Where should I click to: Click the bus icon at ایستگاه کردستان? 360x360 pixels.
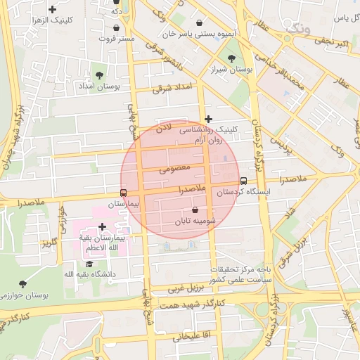point(243,181)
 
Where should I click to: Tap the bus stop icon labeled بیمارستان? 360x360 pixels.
point(124,193)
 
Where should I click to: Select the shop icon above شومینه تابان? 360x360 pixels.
point(195,210)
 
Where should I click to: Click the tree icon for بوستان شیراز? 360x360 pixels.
point(231,59)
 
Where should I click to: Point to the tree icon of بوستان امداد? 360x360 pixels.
point(98,74)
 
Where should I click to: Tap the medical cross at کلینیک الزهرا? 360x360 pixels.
point(52,9)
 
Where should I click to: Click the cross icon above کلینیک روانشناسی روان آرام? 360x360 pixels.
point(207,119)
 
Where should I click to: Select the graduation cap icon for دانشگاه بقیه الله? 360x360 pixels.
point(89,263)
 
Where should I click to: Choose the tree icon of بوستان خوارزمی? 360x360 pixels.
point(22,284)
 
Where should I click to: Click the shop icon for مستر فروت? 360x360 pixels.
point(116,28)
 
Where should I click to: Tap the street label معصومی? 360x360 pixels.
point(175,169)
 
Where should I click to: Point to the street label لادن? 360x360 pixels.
point(163,129)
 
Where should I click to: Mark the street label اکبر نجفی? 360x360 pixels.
point(330,44)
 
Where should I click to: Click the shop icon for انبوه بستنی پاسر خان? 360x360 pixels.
point(200,22)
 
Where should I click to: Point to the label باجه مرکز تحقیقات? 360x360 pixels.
point(243,269)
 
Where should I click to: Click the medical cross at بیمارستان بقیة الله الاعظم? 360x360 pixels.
point(103,226)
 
